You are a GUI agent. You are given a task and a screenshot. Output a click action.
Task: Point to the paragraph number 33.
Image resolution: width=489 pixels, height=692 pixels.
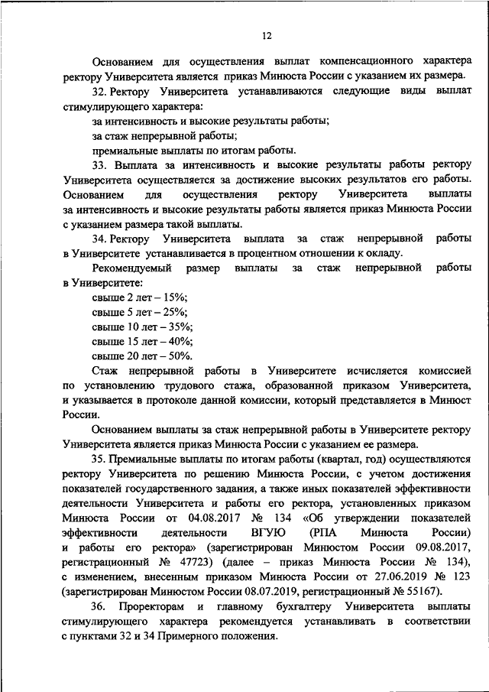[x=99, y=166]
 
